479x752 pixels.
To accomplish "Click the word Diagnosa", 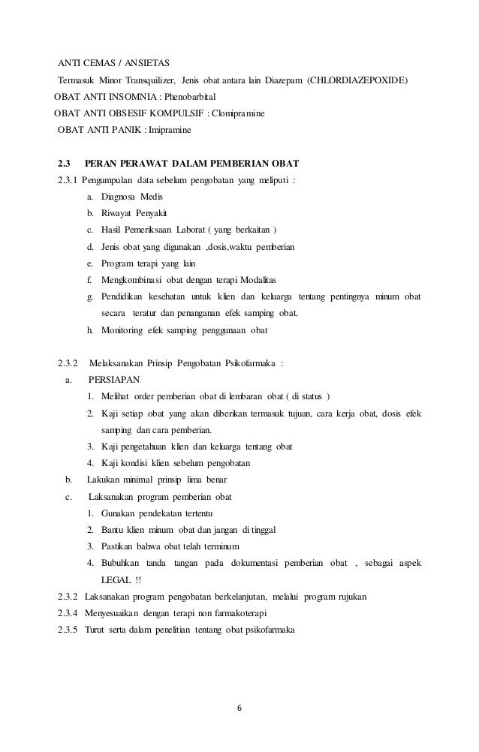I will (120, 197).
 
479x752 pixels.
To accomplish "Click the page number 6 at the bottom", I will (239, 706).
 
